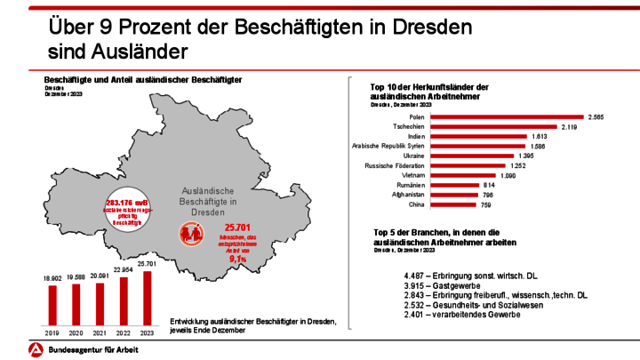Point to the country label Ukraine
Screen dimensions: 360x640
(410, 156)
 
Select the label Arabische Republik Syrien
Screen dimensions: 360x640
(388, 146)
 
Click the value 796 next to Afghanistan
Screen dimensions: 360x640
(486, 195)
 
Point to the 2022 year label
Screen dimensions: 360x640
(124, 332)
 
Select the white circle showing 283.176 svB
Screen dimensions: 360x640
(131, 210)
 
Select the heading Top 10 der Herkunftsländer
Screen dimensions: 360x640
(429, 90)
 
